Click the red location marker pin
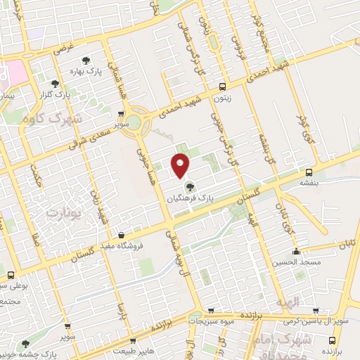coord(180,165)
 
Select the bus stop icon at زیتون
coord(224,88)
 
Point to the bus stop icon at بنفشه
coord(309,172)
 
